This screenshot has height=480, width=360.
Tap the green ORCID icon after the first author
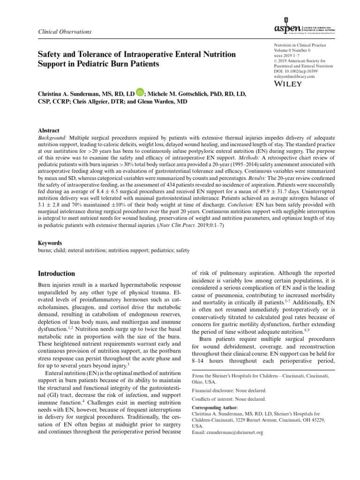point(140,94)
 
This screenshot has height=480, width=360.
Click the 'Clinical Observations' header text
point(64,31)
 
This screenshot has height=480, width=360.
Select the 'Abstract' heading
point(48,131)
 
